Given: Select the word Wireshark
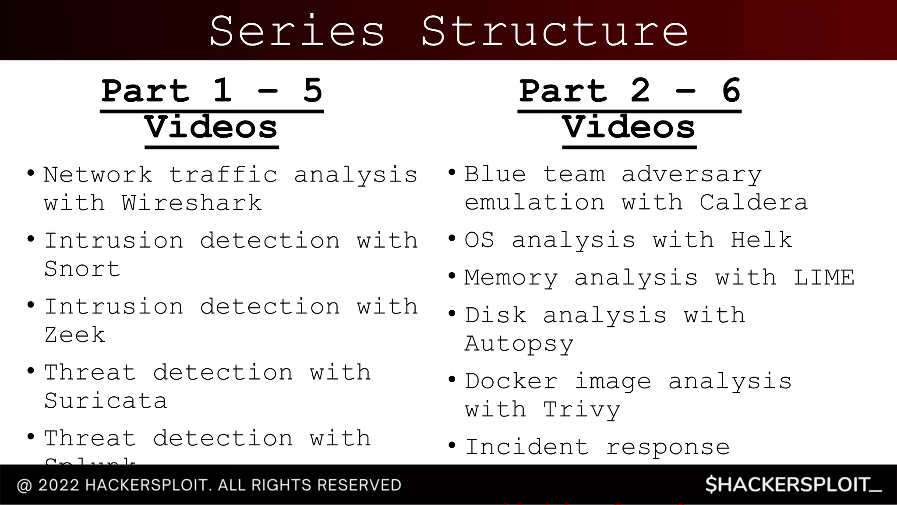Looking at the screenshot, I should click(x=192, y=203).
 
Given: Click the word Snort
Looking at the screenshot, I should click(x=82, y=269).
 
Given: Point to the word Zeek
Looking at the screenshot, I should click(x=75, y=335).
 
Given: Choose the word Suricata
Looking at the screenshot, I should click(x=106, y=401).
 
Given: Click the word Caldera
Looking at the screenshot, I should click(x=753, y=203).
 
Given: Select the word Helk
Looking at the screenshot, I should click(x=761, y=240).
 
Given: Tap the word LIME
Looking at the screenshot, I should click(x=823, y=277).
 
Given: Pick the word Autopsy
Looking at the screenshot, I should click(x=519, y=344).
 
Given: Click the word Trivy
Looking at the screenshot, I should click(x=582, y=410).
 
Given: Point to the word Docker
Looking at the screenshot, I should click(x=511, y=381).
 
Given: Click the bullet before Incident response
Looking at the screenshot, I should click(x=452, y=446).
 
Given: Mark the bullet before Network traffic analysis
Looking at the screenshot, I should click(x=30, y=173).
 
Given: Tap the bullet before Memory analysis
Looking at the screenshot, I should click(x=452, y=277).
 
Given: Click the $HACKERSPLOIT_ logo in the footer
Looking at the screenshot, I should click(x=793, y=485).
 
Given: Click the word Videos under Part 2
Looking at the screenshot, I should click(x=629, y=128).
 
